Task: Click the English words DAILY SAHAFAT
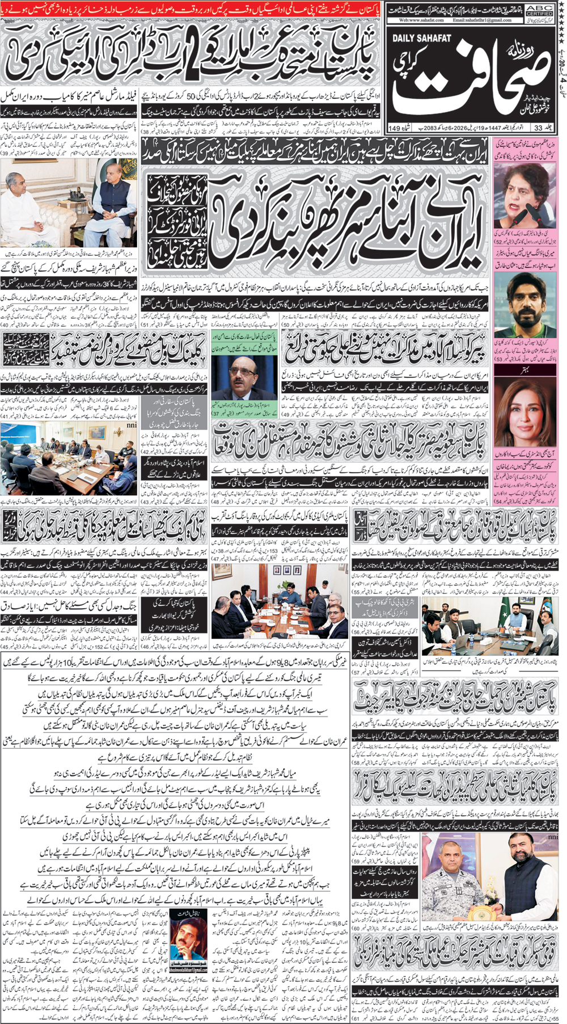tap(421, 38)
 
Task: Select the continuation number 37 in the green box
tap(217, 414)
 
